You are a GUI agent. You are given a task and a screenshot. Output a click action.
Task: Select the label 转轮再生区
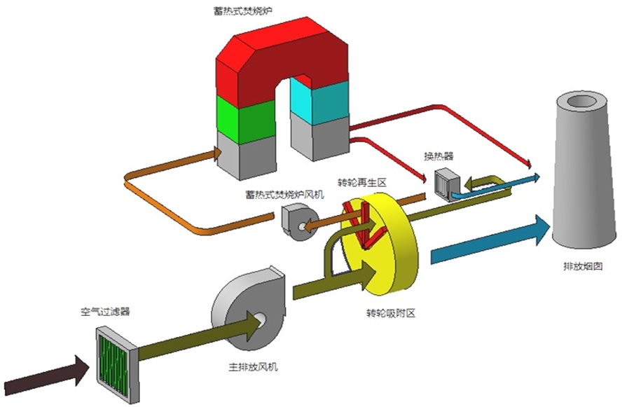click(x=361, y=182)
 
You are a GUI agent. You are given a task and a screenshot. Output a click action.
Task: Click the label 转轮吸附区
click(x=390, y=313)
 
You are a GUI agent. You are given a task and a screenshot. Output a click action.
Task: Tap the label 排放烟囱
click(x=583, y=266)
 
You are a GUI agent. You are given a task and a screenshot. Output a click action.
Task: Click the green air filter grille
click(x=113, y=357)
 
